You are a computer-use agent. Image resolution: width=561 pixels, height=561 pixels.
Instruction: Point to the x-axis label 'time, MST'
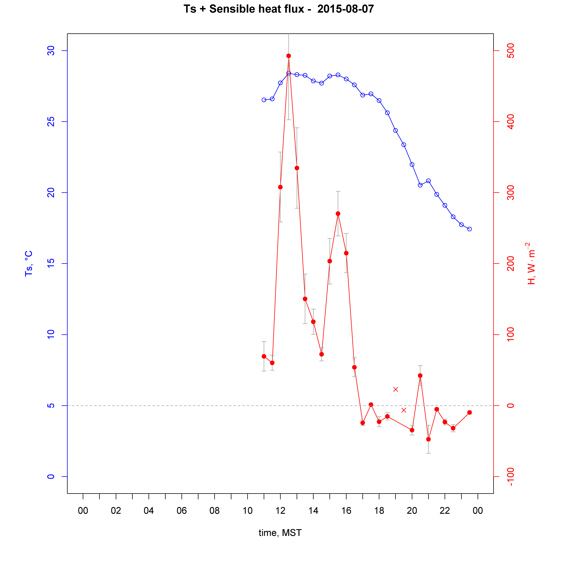280,533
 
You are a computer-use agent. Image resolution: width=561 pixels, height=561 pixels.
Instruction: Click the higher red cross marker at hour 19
396,389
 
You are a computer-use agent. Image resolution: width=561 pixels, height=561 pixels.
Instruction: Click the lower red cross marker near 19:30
404,410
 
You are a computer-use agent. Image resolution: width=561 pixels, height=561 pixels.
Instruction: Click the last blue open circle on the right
470,229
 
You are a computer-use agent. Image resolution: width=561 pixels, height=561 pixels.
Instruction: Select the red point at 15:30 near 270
338,214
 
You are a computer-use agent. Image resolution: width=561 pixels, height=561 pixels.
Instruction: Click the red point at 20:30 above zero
420,376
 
